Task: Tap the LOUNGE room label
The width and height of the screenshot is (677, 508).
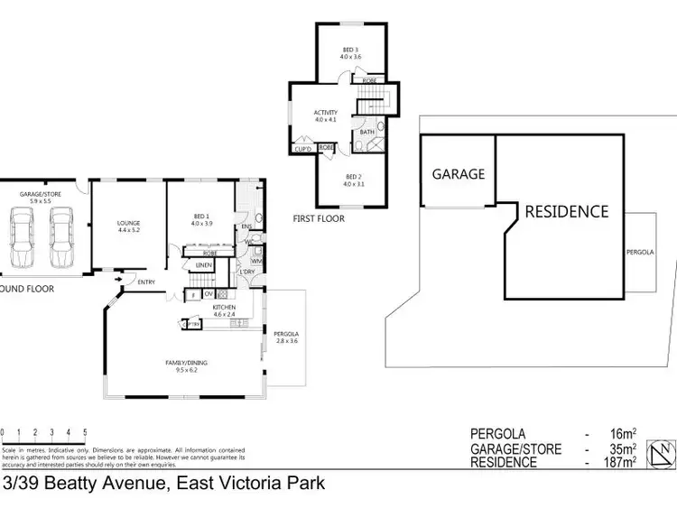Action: click(129, 222)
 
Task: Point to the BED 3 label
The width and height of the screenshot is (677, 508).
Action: click(350, 51)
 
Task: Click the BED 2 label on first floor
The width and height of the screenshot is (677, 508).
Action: click(353, 179)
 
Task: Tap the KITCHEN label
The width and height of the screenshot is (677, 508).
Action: click(224, 308)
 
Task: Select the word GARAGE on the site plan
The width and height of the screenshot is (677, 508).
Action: click(458, 174)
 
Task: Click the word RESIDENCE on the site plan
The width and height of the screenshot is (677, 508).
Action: click(567, 212)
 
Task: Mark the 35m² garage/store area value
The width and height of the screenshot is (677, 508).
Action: click(622, 448)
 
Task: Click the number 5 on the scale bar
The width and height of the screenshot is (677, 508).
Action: click(84, 433)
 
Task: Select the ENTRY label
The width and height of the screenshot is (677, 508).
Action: click(146, 282)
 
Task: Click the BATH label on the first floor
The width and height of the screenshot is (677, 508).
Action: click(366, 133)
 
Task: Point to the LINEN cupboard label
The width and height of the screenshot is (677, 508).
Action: click(203, 265)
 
